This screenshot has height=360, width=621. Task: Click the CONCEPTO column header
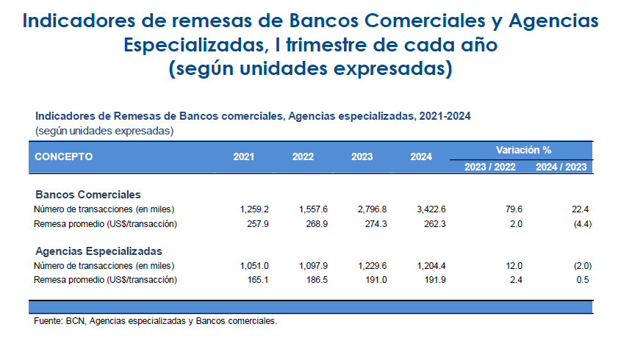[64, 156]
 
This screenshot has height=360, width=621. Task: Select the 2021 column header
[243, 156]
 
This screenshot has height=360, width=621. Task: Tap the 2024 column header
[421, 156]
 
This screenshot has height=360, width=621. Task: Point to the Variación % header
[523, 150]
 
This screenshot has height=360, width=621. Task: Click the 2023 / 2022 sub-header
[490, 167]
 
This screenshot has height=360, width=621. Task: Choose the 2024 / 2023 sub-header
[561, 167]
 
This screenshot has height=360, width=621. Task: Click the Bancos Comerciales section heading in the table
[88, 195]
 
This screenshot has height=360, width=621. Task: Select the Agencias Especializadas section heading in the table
[98, 251]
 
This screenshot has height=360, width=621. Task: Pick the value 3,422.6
[431, 209]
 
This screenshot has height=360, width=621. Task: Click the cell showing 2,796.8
[372, 209]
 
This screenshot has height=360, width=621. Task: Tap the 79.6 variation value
[514, 209]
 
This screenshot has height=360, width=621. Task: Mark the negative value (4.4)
[583, 224]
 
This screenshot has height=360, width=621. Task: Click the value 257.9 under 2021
[258, 224]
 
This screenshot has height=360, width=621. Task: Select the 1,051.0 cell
[254, 266]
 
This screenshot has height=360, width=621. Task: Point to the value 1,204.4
[431, 266]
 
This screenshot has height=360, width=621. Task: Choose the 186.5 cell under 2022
[317, 280]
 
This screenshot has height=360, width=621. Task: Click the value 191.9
[435, 280]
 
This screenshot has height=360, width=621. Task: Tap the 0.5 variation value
[583, 280]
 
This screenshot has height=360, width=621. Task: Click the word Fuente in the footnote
[48, 321]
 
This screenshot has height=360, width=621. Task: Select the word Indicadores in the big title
[79, 21]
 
